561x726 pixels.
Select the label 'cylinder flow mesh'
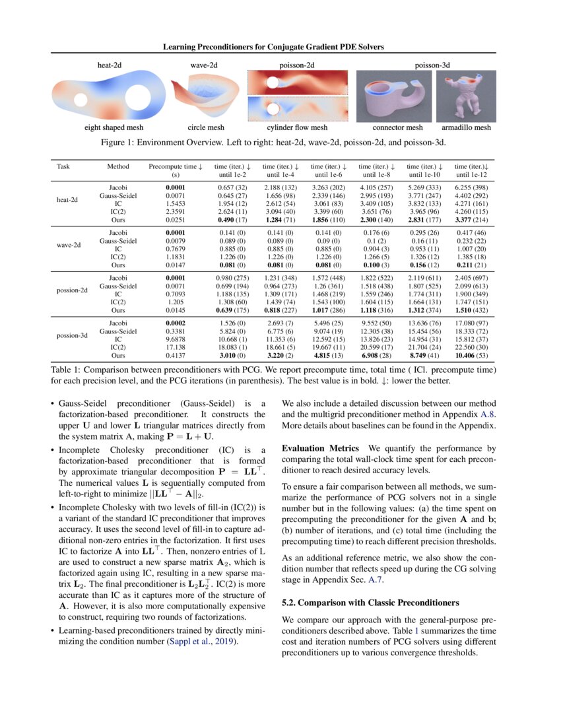(x=297, y=127)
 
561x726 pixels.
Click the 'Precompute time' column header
(x=175, y=170)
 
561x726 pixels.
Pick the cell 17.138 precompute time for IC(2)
(x=175, y=346)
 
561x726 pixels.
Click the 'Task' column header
(x=63, y=166)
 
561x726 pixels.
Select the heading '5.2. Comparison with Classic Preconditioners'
(x=370, y=603)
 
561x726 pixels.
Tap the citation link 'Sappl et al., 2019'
(x=202, y=641)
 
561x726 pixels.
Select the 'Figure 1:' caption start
(x=132, y=142)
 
